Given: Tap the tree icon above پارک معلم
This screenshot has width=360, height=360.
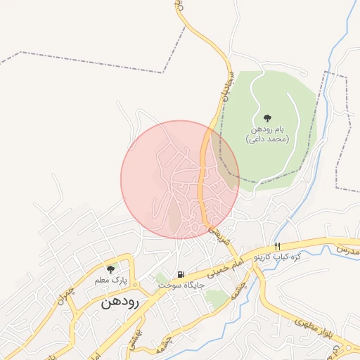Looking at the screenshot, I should pyautogui.click(x=110, y=269).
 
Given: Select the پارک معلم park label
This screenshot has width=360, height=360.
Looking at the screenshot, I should pyautogui.click(x=111, y=280).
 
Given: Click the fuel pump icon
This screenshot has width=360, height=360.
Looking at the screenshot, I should pyautogui.click(x=181, y=274).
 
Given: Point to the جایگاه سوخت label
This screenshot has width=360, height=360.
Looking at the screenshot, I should pyautogui.click(x=181, y=285).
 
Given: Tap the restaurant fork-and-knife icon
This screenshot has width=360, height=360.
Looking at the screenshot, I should pyautogui.click(x=277, y=246).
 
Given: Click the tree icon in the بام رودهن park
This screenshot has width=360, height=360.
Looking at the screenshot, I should pyautogui.click(x=267, y=118).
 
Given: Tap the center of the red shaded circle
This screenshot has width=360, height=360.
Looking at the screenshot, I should pyautogui.click(x=180, y=179).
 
